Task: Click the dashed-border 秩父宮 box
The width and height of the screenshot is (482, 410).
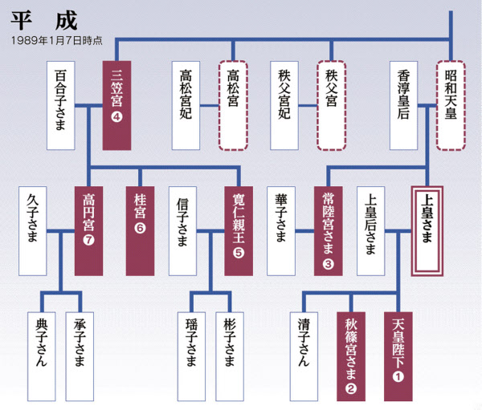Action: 331,104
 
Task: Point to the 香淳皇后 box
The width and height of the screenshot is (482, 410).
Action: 406,104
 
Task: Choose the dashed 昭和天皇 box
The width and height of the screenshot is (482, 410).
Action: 452,104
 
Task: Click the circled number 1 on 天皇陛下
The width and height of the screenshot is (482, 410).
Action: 400,373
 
